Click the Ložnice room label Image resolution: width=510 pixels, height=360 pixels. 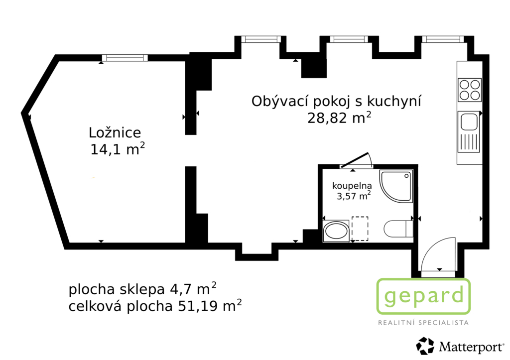click(115, 132)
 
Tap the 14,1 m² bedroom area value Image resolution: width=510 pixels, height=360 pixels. click(118, 149)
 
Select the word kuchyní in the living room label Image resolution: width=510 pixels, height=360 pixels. click(394, 102)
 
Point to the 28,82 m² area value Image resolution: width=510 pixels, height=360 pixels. click(339, 118)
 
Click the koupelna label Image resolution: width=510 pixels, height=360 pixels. click(352, 186)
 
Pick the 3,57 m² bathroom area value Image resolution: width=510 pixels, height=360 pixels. click(354, 196)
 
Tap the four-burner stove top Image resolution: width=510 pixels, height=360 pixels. click(469, 90)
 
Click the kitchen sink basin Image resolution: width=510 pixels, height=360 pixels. click(468, 122)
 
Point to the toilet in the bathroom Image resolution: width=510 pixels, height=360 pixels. click(398, 229)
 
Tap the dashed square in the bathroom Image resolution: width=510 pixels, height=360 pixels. click(360, 229)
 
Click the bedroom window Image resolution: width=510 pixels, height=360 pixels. click(125, 58)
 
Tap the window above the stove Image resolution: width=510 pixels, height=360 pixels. click(443, 39)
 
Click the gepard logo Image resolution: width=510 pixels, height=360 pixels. click(423, 296)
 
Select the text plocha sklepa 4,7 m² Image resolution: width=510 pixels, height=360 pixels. click(142, 289)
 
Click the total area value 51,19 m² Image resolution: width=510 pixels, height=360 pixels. click(210, 306)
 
